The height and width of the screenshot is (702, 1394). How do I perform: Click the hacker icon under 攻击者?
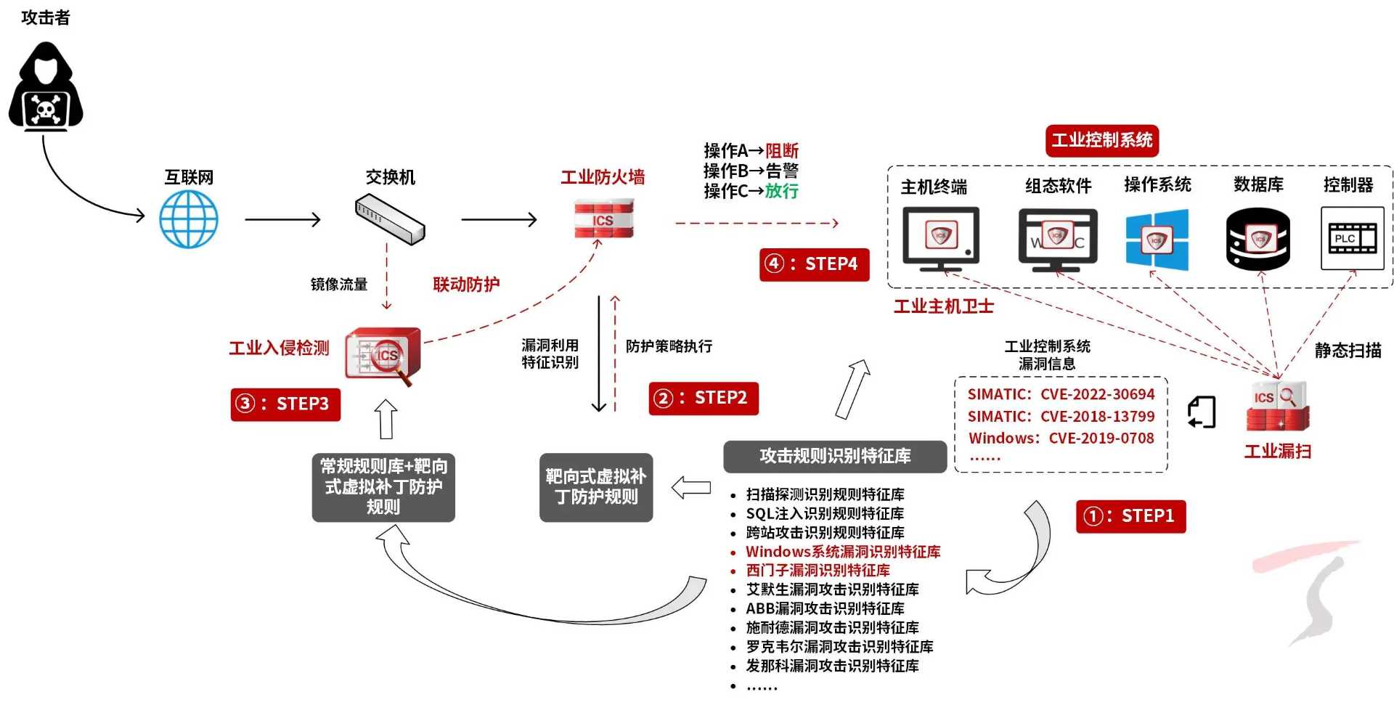[46, 86]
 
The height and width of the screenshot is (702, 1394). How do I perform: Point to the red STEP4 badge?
[814, 264]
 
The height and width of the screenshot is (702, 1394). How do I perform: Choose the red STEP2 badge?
[703, 399]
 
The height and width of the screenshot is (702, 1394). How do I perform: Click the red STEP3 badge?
[285, 404]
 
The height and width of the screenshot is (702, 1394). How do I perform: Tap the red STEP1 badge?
[1130, 516]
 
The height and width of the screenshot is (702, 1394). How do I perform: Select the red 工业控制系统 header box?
[1101, 140]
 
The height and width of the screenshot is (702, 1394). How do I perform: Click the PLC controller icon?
[1352, 238]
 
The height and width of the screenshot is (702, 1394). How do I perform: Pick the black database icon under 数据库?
[1258, 238]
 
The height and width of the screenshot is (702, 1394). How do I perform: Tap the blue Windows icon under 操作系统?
[1157, 240]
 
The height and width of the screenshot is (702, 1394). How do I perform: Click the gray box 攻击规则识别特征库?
[835, 456]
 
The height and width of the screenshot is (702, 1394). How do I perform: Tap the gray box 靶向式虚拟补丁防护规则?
[596, 487]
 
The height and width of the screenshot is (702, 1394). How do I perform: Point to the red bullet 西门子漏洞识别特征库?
[818, 571]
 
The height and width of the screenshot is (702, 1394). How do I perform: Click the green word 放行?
[781, 191]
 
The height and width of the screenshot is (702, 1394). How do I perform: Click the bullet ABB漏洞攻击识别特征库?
[825, 608]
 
